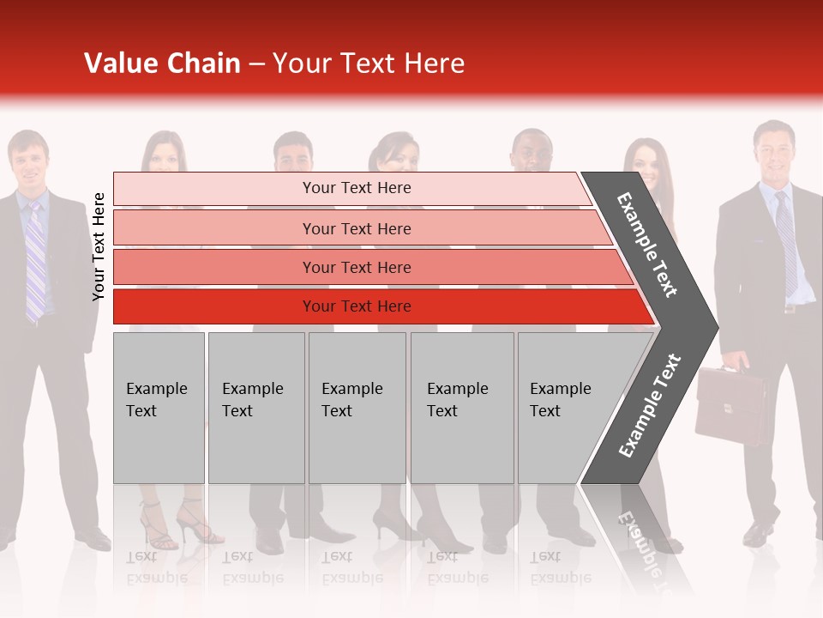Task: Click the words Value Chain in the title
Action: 162,64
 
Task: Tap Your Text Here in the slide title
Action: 369,64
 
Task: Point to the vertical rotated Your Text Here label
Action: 99,246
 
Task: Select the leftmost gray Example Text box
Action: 159,408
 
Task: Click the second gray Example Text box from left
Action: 255,408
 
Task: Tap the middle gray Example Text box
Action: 357,408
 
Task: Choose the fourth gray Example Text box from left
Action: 461,408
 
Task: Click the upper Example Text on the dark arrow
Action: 647,244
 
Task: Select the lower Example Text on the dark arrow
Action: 649,406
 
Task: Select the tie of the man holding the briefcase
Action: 786,240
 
